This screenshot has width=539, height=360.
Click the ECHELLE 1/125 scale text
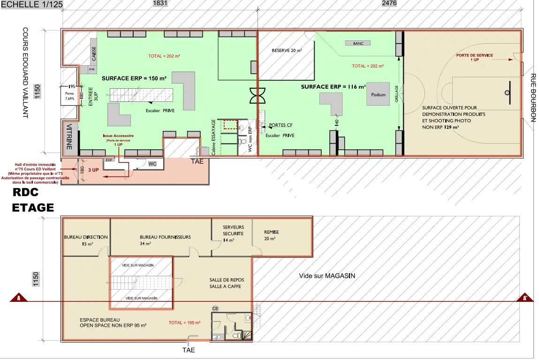click(x=31, y=4)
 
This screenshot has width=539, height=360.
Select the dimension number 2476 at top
click(x=389, y=3)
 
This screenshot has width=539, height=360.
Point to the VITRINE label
click(x=69, y=137)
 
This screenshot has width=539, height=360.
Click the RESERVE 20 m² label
click(x=287, y=50)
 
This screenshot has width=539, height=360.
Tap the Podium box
click(x=378, y=94)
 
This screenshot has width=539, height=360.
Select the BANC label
click(x=358, y=43)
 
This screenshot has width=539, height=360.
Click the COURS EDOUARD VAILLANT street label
click(x=26, y=72)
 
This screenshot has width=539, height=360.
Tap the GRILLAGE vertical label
click(x=397, y=94)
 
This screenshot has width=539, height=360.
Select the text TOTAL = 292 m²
click(x=368, y=66)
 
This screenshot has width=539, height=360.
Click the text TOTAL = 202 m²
click(x=164, y=56)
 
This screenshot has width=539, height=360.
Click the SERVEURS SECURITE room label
click(x=233, y=230)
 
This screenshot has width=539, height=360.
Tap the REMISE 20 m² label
click(x=271, y=235)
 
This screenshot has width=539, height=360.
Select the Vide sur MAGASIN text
click(x=327, y=276)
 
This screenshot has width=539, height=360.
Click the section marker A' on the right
click(x=525, y=298)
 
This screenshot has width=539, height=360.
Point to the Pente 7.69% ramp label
click(x=69, y=96)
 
